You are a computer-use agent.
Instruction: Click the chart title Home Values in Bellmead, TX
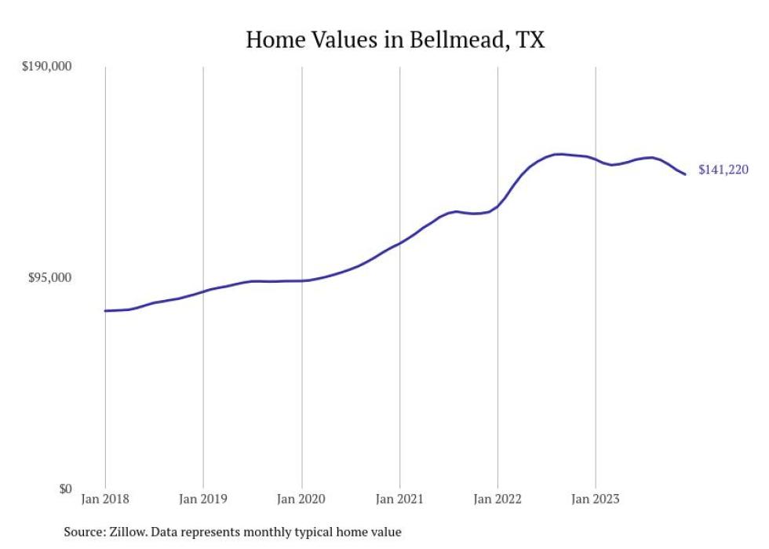(395, 40)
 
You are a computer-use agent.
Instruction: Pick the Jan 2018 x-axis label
(105, 499)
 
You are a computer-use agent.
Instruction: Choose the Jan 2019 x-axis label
(203, 499)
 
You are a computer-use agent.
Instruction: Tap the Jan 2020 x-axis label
(301, 499)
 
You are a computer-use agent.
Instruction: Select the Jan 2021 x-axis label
(399, 499)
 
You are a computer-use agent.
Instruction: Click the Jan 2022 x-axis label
(497, 499)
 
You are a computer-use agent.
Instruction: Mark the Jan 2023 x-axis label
(596, 499)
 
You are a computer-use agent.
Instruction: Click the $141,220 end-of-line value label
(723, 170)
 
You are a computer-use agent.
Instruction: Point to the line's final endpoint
(685, 174)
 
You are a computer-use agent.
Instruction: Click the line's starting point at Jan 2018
(105, 311)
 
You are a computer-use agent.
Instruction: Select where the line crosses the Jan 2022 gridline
(497, 207)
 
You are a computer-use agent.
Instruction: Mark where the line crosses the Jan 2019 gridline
(203, 291)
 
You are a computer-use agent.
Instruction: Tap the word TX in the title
(530, 40)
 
